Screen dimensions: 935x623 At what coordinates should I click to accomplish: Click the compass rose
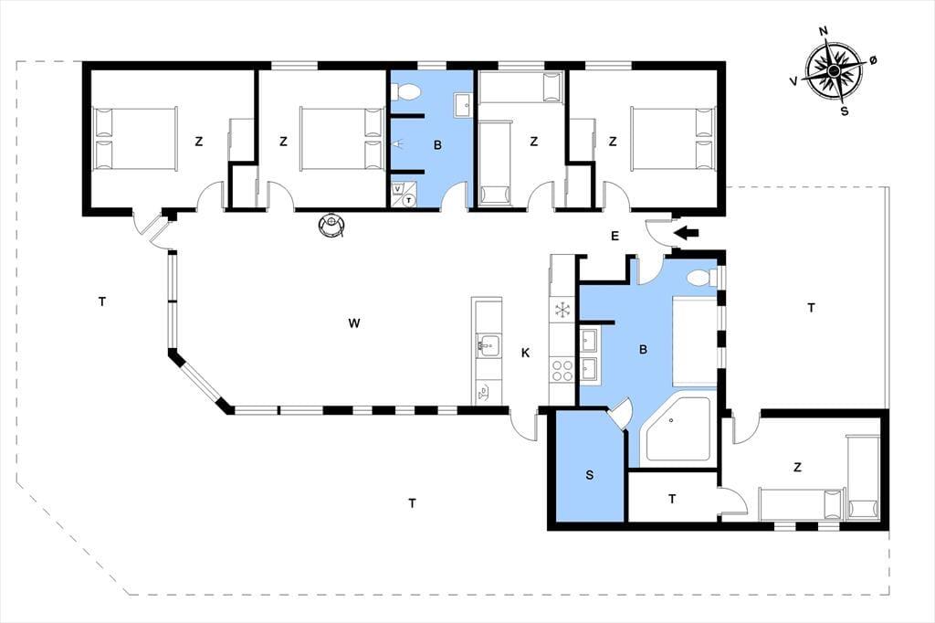(x=835, y=71)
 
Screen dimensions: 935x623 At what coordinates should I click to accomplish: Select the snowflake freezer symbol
(x=562, y=310)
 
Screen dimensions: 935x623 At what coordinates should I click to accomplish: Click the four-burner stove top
(x=562, y=369)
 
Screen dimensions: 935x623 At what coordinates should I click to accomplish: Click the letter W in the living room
(x=353, y=323)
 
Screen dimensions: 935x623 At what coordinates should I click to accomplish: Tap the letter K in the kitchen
(x=525, y=353)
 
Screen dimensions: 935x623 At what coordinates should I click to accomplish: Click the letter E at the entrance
(x=615, y=236)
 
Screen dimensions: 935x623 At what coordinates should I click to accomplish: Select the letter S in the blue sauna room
(x=590, y=475)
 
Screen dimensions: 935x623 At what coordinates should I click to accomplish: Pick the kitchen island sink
(x=489, y=344)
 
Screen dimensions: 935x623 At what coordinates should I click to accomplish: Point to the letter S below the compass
(x=845, y=111)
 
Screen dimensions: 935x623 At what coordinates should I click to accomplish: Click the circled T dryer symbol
(x=408, y=200)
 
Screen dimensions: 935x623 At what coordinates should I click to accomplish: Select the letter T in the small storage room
(x=672, y=499)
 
